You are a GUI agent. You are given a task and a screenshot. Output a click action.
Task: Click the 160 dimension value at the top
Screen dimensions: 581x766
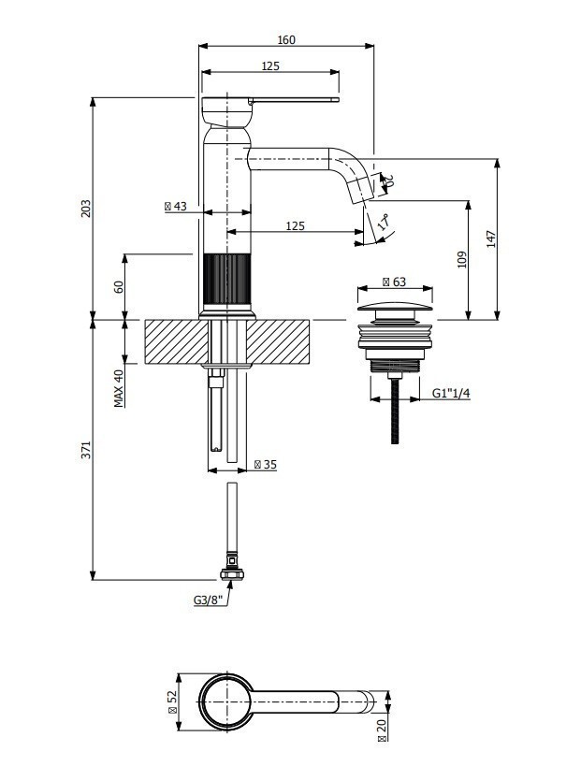coord(286,39)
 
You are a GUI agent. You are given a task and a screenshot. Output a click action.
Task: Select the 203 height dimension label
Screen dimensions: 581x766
coord(86,209)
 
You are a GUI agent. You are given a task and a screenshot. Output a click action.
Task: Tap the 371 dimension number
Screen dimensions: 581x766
coord(86,450)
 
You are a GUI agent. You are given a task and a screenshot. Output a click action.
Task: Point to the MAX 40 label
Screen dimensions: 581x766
coord(119,388)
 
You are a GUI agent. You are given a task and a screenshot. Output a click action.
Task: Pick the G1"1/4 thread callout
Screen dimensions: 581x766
coord(451,393)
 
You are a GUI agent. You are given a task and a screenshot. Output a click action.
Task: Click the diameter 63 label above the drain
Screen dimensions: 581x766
coord(394,282)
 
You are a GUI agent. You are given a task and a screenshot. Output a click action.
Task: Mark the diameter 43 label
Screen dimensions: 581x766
coord(176,206)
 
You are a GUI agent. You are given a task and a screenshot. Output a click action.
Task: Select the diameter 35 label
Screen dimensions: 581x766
coord(266,465)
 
